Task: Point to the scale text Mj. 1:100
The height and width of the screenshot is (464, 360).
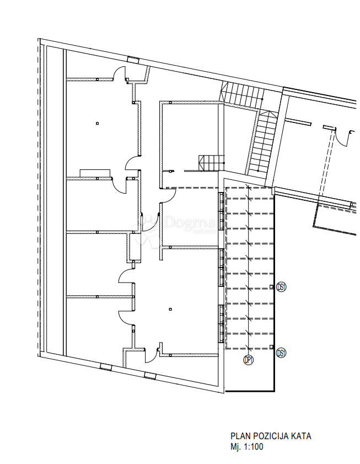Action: point(246,446)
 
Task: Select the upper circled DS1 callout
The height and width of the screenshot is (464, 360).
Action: point(282,287)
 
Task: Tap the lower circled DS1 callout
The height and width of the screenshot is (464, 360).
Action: point(282,353)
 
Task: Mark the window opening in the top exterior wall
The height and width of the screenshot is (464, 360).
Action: point(133,60)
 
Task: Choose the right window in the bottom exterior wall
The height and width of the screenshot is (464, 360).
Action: point(149,376)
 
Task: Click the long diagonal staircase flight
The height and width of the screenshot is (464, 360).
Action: point(263,142)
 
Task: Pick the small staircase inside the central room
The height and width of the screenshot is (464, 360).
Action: point(212,163)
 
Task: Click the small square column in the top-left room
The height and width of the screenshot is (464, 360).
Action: point(96,123)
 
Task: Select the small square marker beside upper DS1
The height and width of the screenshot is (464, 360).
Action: point(271,286)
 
